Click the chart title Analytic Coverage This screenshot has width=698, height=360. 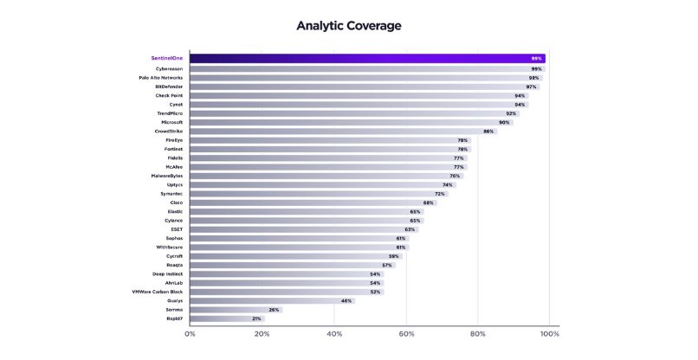[x=349, y=26]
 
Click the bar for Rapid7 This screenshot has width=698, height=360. [x=225, y=318]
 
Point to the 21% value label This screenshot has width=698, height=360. [x=256, y=318]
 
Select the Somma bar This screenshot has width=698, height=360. [x=234, y=310]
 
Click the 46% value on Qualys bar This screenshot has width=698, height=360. [x=346, y=300]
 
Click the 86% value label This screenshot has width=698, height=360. [x=488, y=132]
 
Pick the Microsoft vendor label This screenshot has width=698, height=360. [x=171, y=122]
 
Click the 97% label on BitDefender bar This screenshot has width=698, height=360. [x=531, y=87]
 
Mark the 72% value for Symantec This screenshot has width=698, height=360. [x=440, y=194]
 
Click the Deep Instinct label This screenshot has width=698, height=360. [x=167, y=273]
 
